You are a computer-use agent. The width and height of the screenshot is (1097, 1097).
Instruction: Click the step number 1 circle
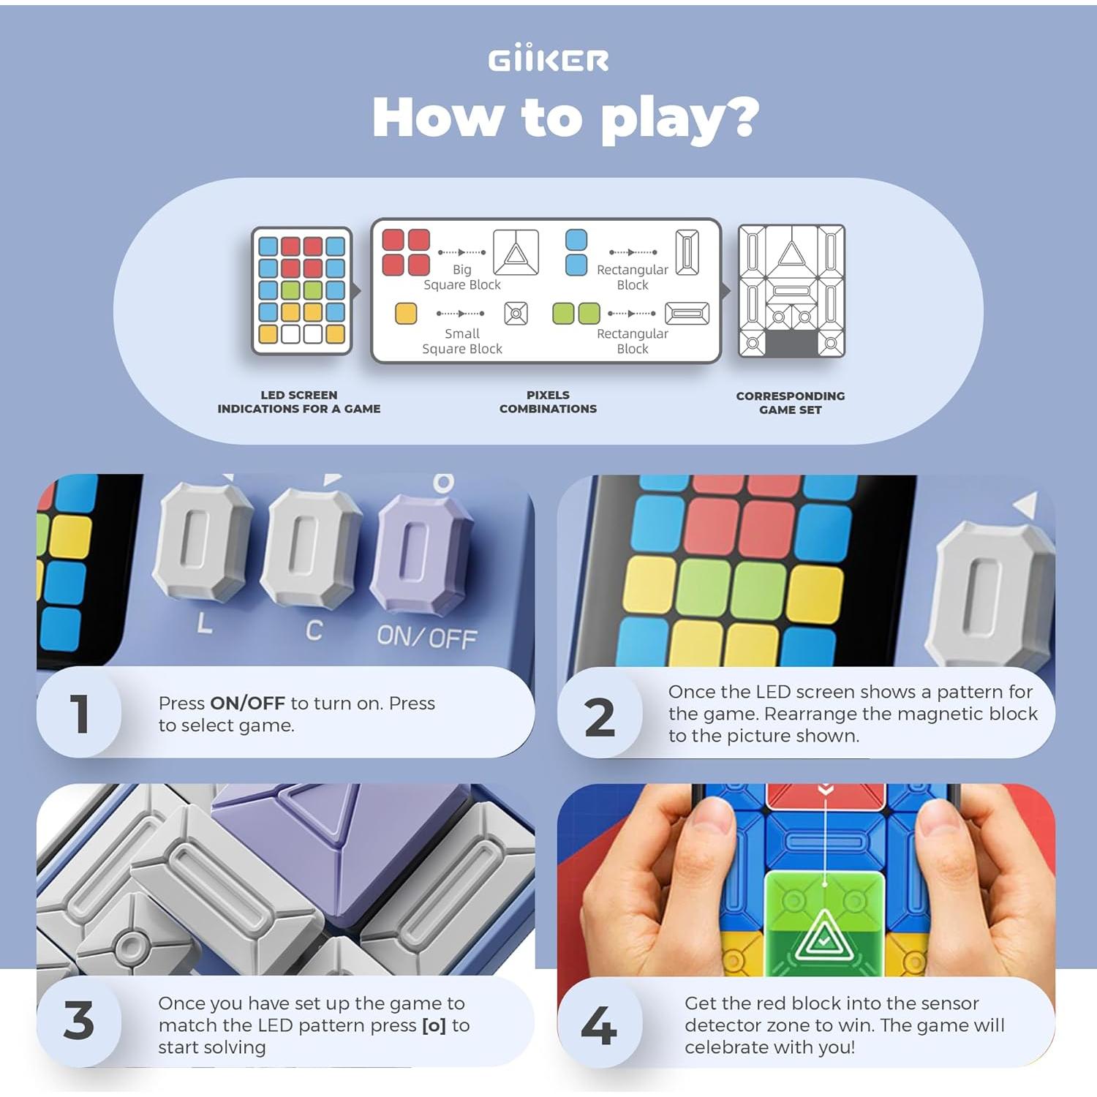79,714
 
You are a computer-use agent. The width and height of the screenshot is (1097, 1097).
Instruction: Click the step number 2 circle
600,717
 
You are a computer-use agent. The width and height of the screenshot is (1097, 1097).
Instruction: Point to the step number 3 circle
79,1021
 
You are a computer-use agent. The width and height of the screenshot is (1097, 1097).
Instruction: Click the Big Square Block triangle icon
516,253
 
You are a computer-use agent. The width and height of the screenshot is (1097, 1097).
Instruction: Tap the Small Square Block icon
516,314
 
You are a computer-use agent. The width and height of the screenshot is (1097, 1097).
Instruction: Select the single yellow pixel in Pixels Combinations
406,314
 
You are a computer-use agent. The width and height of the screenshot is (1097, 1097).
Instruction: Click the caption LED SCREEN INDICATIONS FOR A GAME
299,402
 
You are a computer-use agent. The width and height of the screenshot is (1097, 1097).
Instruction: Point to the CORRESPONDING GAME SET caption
790,402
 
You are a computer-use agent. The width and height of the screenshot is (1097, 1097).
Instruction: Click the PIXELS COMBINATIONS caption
548,402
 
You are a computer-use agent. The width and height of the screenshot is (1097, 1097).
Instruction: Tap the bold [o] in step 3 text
434,1025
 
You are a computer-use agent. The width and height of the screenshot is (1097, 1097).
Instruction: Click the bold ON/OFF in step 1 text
247,704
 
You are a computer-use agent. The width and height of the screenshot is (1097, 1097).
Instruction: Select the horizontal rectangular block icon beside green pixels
686,314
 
